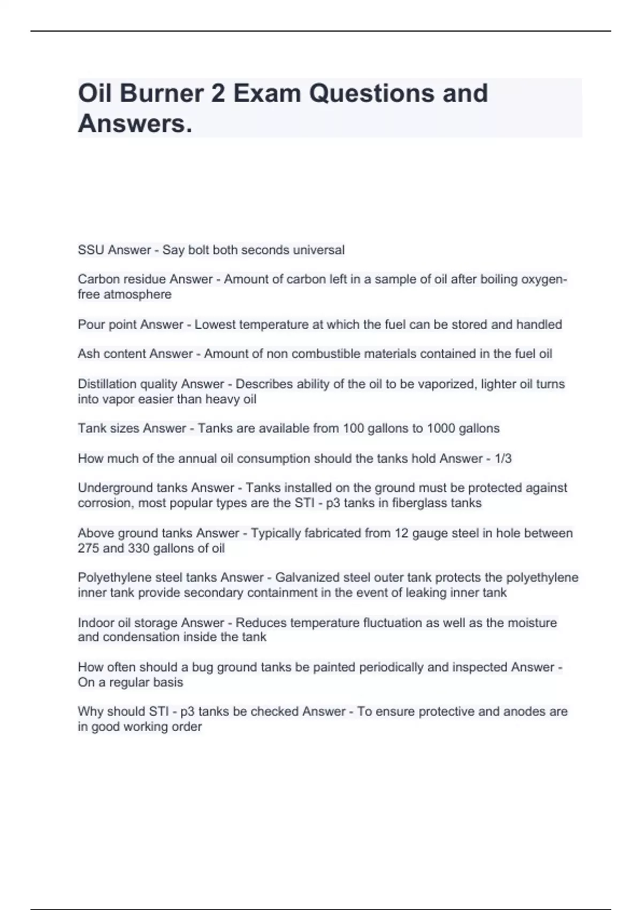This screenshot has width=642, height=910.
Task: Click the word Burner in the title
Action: (162, 93)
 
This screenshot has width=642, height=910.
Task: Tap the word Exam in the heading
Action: (265, 93)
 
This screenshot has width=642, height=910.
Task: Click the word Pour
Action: (91, 324)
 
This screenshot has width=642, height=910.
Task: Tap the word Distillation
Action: (106, 384)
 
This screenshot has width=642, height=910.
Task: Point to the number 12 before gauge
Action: (401, 533)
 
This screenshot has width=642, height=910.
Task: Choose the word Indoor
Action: (95, 623)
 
